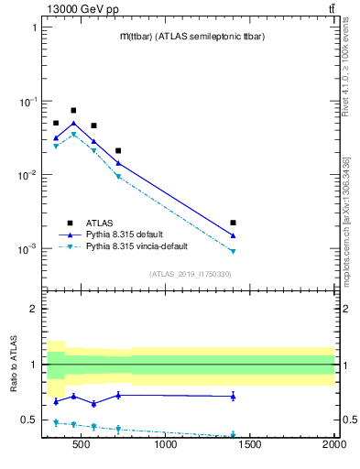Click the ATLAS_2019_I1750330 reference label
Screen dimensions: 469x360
[190, 274]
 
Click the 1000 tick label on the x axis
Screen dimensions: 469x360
[166, 446]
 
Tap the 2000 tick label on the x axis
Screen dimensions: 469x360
[333, 446]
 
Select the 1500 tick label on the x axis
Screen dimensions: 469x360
[250, 446]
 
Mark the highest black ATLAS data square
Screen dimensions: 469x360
[73, 110]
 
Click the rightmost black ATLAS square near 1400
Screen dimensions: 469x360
[234, 223]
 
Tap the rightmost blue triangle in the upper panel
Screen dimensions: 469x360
[234, 235]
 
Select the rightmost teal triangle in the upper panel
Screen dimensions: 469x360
[234, 251]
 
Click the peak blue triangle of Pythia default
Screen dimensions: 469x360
[73, 123]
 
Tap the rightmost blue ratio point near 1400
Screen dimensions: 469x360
[234, 396]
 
